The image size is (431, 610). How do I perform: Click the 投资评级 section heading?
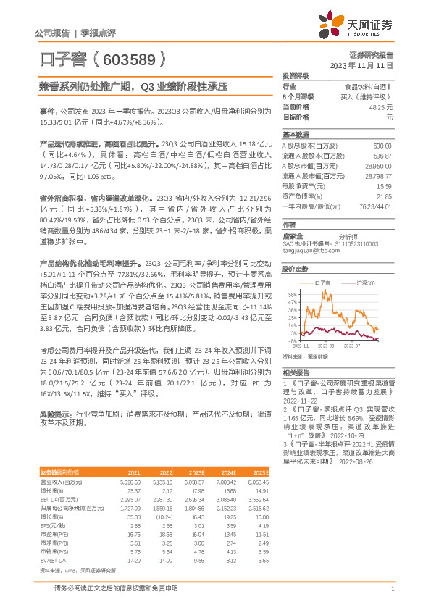tap(296, 75)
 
